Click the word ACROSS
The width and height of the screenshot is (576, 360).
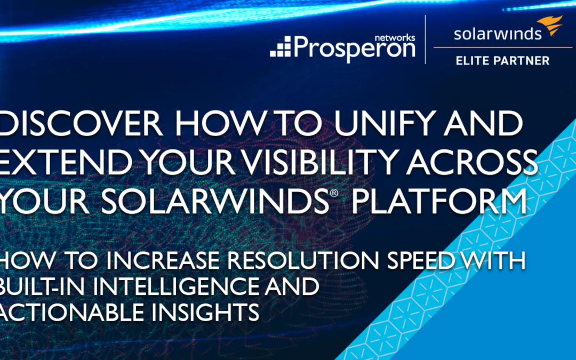pos(473,162)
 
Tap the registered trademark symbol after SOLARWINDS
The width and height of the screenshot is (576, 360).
pos(333,193)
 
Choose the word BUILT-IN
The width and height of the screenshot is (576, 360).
pos(42,286)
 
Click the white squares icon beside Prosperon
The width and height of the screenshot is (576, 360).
pos(281,46)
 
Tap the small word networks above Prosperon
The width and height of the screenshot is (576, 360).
pos(395,38)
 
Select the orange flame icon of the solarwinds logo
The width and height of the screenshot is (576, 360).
pos(550,26)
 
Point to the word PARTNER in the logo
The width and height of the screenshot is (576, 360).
pos(521,61)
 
